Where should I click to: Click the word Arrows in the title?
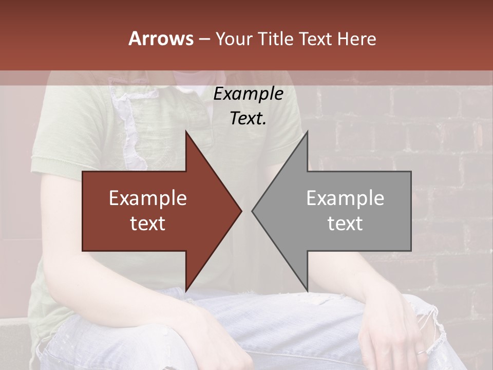161,39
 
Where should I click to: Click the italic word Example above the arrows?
249,94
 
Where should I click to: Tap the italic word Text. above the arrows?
249,119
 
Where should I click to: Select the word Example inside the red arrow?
148,198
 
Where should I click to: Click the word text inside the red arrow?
148,224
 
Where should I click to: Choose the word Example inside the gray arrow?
345,198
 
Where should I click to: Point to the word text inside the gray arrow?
345,224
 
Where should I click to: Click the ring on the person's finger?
420,353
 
